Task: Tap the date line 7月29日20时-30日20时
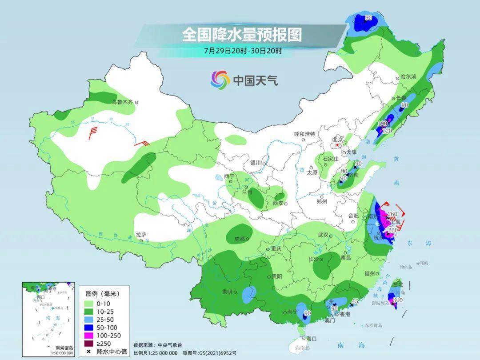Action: (x=243, y=51)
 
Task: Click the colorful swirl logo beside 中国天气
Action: (x=220, y=80)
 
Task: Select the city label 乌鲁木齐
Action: (x=122, y=102)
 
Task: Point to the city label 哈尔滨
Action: (x=408, y=77)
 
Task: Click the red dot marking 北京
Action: (x=337, y=145)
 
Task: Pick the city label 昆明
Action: (x=227, y=292)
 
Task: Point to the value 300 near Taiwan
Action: (x=398, y=300)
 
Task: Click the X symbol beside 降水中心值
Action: (x=89, y=352)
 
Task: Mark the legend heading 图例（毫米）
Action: (x=102, y=293)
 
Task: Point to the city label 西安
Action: (x=278, y=203)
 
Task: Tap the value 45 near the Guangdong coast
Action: (x=354, y=302)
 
